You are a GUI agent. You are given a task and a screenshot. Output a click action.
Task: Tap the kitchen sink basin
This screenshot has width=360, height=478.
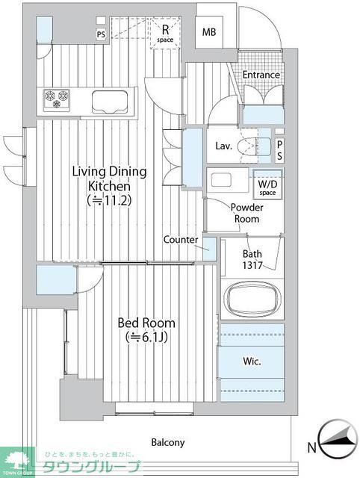(110, 102)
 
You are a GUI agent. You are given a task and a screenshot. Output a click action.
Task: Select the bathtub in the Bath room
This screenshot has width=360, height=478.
(252, 298)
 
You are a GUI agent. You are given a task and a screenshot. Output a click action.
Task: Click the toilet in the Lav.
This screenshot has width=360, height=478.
(253, 146)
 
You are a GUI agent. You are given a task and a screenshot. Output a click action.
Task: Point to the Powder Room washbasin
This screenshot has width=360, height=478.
(222, 180)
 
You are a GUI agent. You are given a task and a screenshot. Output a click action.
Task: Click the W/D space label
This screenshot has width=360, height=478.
(267, 187)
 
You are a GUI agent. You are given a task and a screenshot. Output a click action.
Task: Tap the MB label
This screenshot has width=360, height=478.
(209, 31)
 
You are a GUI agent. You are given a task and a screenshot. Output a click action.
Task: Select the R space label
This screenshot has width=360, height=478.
(165, 34)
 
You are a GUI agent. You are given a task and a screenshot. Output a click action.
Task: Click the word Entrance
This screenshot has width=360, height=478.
(261, 75)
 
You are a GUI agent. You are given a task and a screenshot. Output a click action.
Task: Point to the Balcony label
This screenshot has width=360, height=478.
(168, 442)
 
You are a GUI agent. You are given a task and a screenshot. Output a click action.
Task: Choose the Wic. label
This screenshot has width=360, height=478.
(252, 361)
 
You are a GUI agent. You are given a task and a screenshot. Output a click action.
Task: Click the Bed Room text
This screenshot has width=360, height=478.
(146, 323)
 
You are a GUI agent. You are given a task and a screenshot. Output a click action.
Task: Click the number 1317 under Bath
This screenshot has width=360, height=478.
(252, 265)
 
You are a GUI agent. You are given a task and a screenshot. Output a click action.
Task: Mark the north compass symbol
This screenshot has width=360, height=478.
(338, 439)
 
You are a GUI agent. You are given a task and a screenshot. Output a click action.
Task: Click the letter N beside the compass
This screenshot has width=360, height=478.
(311, 448)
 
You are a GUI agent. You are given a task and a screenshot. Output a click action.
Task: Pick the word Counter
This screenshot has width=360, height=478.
(181, 240)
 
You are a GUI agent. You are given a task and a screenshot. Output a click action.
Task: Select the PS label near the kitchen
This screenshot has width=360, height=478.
(101, 34)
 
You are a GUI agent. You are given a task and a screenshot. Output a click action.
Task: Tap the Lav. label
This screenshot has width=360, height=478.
(224, 146)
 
